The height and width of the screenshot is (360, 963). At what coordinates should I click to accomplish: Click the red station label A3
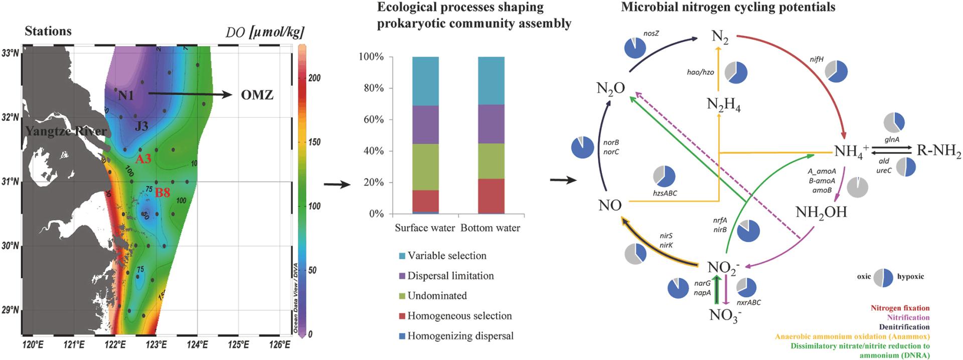click(143, 159)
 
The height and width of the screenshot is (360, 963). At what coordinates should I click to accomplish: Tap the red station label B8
click(162, 192)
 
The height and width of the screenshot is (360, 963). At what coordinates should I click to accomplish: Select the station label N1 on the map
click(126, 95)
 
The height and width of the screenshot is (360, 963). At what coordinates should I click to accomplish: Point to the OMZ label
click(257, 95)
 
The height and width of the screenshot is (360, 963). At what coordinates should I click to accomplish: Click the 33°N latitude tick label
click(11, 53)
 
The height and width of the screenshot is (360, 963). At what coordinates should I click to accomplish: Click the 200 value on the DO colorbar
click(314, 78)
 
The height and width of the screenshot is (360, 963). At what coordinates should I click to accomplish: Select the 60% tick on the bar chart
click(371, 119)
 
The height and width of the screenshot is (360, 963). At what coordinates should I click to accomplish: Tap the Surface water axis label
click(425, 228)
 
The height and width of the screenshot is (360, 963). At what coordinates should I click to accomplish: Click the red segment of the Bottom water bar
click(491, 196)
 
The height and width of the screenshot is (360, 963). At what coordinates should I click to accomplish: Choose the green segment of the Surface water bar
click(425, 167)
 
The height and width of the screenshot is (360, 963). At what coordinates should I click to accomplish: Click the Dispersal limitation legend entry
click(450, 276)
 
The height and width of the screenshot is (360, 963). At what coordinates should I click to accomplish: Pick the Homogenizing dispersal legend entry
click(460, 336)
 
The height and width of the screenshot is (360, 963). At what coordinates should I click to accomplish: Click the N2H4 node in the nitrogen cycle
click(724, 104)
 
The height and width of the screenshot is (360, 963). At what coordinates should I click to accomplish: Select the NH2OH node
click(821, 213)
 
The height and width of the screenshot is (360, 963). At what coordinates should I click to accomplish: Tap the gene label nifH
click(816, 60)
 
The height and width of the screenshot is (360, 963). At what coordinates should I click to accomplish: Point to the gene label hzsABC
click(665, 193)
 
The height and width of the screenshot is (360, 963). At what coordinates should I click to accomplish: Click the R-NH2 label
click(938, 150)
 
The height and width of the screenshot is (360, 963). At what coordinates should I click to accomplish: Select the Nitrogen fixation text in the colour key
click(900, 308)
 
